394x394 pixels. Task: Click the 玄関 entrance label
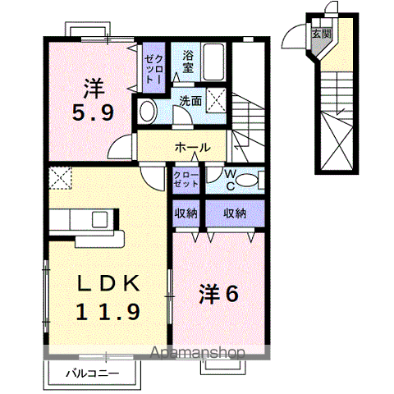coord(322,34)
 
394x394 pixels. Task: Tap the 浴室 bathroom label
coord(188,62)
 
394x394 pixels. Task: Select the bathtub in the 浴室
coord(213,62)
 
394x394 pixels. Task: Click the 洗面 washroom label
coord(190,101)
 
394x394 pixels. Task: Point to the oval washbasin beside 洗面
coord(149,111)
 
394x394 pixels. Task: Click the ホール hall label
coord(193,148)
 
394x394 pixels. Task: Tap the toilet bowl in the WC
coord(247,181)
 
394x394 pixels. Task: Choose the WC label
coord(231,180)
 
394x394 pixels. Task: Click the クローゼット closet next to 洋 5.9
coord(154,67)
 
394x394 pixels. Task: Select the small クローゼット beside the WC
coord(186,180)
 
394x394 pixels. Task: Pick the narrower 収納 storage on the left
coord(186,213)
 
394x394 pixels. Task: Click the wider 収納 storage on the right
coord(235,213)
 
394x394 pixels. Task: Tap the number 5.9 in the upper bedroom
coord(93,112)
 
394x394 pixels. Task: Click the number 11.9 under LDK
coord(108,312)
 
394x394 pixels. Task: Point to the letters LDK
coord(108,283)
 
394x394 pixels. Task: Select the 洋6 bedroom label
coord(219,294)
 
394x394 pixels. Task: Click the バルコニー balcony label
coord(93,373)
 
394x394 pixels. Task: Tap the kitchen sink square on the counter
coord(99,219)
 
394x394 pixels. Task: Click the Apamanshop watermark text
coord(198,353)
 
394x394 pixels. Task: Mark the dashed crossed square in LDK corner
coord(60,178)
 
